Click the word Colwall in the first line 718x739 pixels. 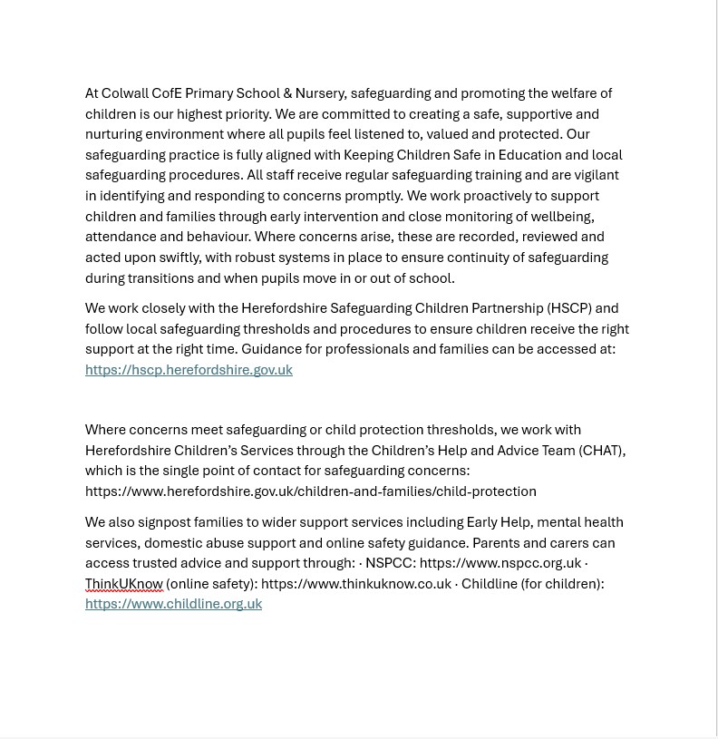coord(124,93)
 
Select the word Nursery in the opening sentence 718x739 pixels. coord(321,93)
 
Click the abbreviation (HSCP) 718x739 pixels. coord(568,308)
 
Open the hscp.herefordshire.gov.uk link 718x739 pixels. coord(189,370)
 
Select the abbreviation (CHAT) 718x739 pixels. coord(601,451)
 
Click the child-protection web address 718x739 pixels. coord(310,491)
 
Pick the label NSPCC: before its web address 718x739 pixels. coord(390,563)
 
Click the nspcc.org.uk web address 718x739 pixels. coord(500,563)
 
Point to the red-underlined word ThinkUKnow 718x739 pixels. coord(124,584)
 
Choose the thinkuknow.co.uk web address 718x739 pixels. coord(355,584)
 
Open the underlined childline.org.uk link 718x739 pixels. coord(173,604)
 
